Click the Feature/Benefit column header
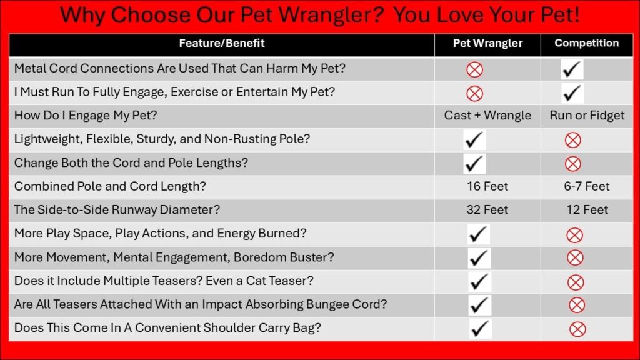coord(222,43)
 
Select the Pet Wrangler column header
coord(487,43)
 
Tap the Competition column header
coord(586,43)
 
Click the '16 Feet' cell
coord(487,186)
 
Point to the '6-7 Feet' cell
coord(586,186)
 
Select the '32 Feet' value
coord(487,210)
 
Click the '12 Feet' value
coord(587,210)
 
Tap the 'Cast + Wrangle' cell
coord(487,116)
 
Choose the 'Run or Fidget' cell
coord(587,116)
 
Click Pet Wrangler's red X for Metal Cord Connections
coord(475,69)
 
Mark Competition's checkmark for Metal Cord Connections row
coord(572,69)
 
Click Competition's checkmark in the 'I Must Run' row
coord(572,93)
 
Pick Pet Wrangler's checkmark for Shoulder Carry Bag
coord(480,329)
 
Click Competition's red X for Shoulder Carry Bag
coord(577,329)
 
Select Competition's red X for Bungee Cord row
coord(577,305)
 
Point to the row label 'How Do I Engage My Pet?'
coord(85,116)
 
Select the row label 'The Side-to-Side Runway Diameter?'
coord(117,210)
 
